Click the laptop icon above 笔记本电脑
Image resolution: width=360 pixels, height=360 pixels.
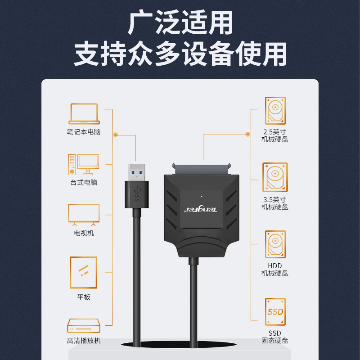click(84, 114)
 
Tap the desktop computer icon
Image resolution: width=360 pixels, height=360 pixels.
click(83, 165)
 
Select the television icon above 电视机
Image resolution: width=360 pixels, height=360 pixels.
click(84, 215)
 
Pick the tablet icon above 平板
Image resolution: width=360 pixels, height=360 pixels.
click(84, 272)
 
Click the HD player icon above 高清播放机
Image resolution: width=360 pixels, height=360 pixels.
click(84, 325)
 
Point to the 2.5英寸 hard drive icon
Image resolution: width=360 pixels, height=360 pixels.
click(275, 111)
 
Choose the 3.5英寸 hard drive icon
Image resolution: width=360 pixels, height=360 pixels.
click(275, 177)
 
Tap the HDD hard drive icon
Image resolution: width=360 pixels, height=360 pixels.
click(275, 244)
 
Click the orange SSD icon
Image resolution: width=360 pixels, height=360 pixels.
click(275, 311)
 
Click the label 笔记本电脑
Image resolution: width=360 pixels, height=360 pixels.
click(84, 132)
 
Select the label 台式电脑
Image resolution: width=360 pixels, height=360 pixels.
click(84, 183)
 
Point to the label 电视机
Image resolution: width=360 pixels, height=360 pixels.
click(84, 234)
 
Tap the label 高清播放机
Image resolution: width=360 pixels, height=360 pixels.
click(84, 341)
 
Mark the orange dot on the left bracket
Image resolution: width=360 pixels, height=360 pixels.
click(116, 135)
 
